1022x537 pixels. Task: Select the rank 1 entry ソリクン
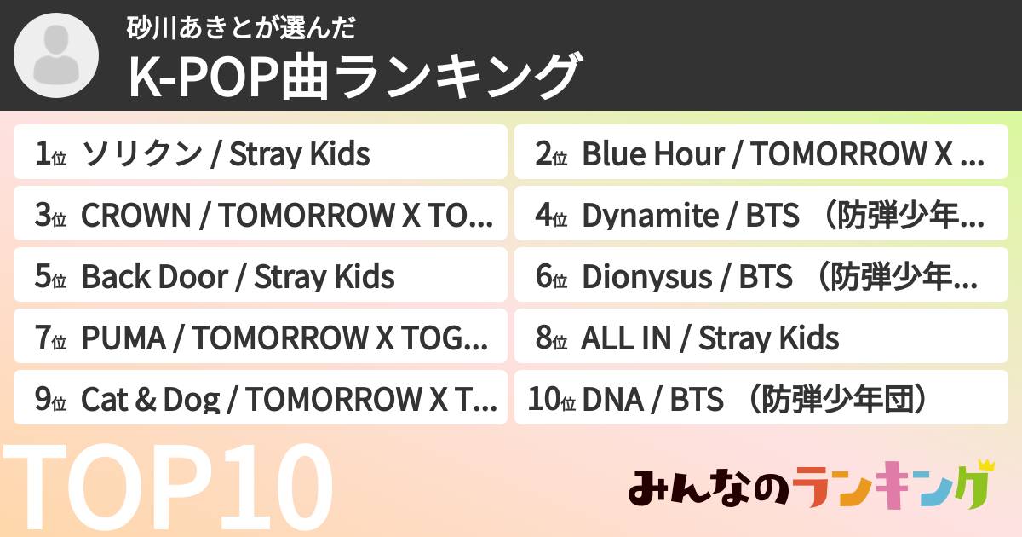click(261, 153)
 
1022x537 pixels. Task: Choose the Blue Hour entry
click(761, 153)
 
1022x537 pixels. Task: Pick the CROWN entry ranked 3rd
click(261, 216)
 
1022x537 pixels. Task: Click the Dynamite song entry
click(761, 216)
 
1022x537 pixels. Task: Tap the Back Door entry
click(261, 277)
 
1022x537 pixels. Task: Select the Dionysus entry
click(761, 277)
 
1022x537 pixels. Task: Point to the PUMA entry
click(261, 338)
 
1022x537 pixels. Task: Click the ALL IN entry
click(761, 338)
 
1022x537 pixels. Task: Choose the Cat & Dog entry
click(261, 399)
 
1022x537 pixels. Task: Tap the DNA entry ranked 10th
click(761, 399)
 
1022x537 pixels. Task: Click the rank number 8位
click(551, 339)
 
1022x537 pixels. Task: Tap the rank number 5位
click(50, 278)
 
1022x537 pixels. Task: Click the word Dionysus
click(647, 278)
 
